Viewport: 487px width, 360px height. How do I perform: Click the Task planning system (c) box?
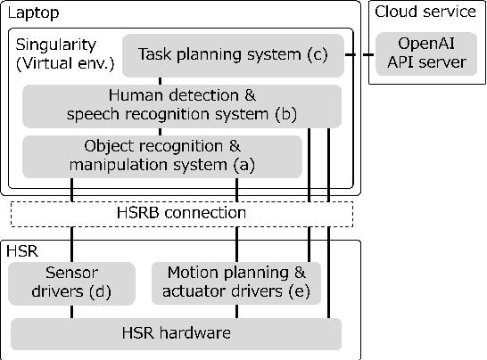point(231,55)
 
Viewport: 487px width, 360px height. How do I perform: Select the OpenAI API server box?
point(421,53)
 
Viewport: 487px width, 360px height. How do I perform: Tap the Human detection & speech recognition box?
point(182,104)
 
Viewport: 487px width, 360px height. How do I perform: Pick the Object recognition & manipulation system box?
point(161,155)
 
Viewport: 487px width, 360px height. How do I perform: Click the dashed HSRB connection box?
point(181,214)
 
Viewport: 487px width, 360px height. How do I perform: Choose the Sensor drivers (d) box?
point(71,281)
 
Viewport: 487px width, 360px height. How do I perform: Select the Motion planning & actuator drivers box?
point(236,281)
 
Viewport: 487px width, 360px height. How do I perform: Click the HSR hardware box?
point(176,333)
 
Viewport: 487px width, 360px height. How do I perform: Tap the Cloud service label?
point(425,12)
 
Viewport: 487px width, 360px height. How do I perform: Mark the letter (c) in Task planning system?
point(318,55)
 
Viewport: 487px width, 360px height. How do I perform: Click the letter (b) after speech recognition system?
point(286,114)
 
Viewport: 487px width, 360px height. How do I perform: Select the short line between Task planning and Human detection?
point(161,80)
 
